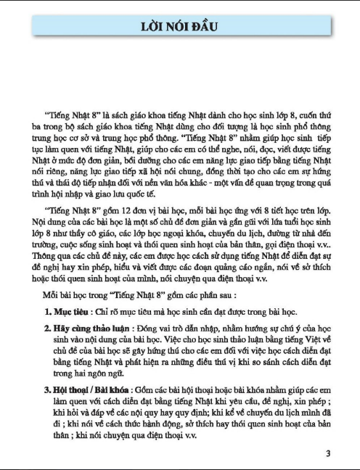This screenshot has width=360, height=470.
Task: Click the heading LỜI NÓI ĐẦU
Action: tap(179, 28)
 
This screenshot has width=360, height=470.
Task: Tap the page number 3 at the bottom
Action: tap(328, 454)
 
